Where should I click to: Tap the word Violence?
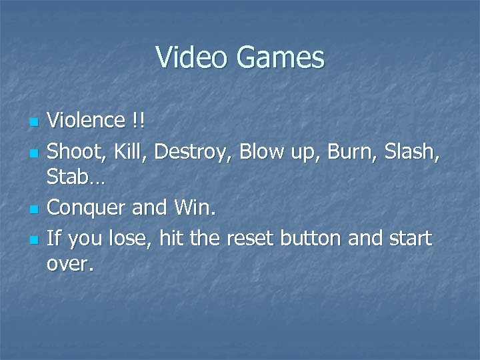(x=86, y=122)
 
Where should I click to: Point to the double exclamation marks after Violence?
(x=137, y=122)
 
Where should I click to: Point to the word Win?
(x=194, y=208)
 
